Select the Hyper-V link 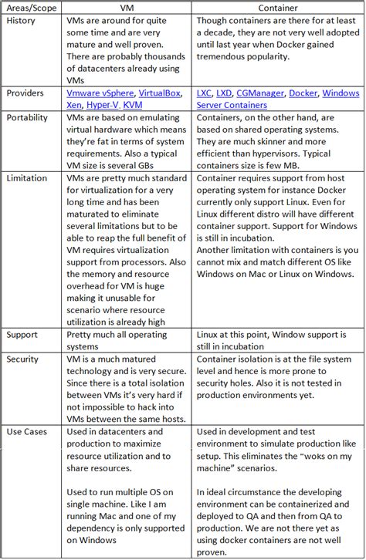107,105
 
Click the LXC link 205,93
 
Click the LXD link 227,93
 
